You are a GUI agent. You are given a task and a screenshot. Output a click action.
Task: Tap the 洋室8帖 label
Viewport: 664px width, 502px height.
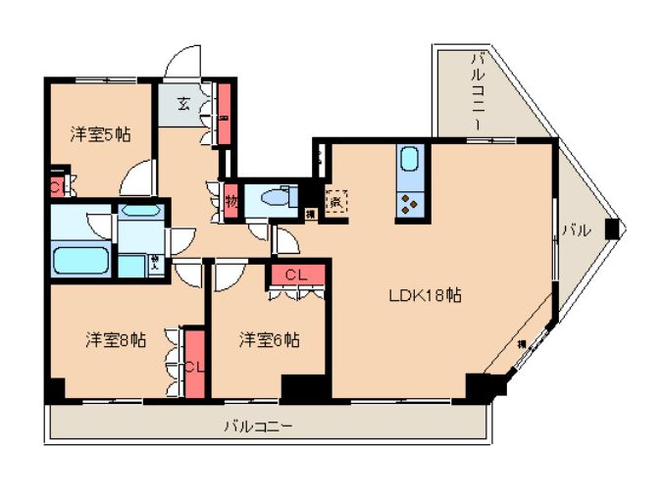pos(116,340)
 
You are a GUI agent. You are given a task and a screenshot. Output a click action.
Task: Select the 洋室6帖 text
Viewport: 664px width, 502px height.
pos(270,340)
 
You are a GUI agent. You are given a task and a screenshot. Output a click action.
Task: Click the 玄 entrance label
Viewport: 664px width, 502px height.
pos(184,103)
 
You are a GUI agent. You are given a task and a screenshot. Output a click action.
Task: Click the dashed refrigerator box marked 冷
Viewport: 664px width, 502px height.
pos(336,203)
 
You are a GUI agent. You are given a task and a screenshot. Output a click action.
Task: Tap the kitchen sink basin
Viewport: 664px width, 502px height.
pos(410,160)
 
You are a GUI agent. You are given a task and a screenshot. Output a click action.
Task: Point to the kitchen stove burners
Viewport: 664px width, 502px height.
pos(410,203)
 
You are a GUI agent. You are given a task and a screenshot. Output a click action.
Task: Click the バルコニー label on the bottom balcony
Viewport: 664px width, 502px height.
pos(258,427)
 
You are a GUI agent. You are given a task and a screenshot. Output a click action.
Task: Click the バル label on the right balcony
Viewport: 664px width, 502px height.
pos(576,232)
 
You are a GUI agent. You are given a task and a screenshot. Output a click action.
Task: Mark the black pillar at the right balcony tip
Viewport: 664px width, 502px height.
pos(613,229)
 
